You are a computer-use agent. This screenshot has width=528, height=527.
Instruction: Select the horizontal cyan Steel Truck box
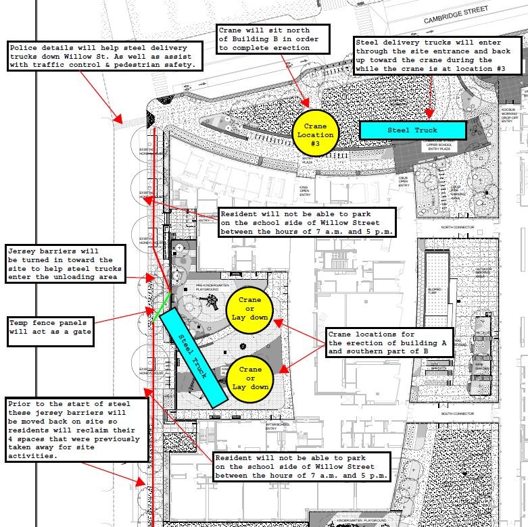pyautogui.click(x=412, y=130)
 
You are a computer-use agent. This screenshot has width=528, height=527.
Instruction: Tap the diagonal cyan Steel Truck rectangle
pyautogui.click(x=195, y=357)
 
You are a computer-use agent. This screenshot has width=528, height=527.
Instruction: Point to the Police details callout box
pyautogui.click(x=104, y=56)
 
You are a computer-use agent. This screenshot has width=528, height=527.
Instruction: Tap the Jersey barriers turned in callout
pyautogui.click(x=65, y=264)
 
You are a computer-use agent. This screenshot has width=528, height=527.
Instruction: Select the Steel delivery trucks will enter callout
pyautogui.click(x=439, y=56)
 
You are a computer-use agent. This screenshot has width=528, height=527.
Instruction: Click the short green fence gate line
pyautogui.click(x=162, y=306)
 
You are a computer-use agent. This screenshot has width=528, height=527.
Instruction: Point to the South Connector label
pyautogui.click(x=456, y=413)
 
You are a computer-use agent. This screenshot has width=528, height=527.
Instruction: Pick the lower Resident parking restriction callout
pyautogui.click(x=302, y=467)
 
